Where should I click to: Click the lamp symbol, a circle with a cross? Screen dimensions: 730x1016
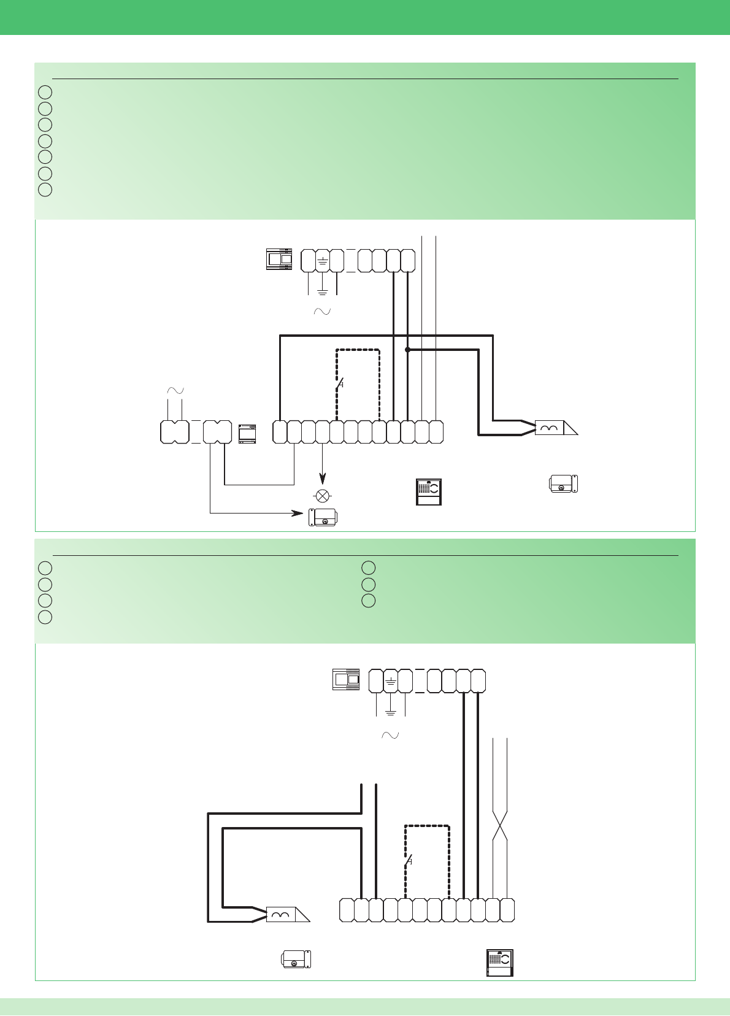point(322,496)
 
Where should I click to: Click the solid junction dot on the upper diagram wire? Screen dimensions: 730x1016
point(407,350)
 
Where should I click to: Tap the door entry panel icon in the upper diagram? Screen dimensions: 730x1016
point(428,491)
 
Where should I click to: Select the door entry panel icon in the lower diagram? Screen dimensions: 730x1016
point(499,962)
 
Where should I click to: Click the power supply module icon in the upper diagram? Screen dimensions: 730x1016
point(279,259)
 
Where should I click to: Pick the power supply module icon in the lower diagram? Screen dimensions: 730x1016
point(346,679)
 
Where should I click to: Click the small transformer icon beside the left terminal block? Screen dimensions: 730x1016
point(247,433)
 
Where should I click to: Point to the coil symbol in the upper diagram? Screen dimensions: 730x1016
point(549,428)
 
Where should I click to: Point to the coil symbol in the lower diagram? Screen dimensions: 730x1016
point(281,915)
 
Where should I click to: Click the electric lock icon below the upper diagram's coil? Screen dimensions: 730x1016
point(564,483)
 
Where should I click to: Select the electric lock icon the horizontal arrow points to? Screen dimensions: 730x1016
point(323,517)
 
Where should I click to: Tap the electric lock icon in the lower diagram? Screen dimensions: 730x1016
point(296,959)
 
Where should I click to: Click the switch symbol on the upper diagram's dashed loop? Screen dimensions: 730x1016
point(339,385)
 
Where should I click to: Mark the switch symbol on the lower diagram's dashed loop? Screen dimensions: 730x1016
point(408,861)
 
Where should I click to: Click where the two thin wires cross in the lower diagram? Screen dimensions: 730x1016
point(501,826)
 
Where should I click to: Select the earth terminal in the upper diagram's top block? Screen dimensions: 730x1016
point(322,261)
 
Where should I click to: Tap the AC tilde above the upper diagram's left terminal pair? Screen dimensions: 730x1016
point(175,391)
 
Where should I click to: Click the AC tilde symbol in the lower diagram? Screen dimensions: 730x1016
point(390,735)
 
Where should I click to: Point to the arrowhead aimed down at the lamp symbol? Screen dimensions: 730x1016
point(322,479)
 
